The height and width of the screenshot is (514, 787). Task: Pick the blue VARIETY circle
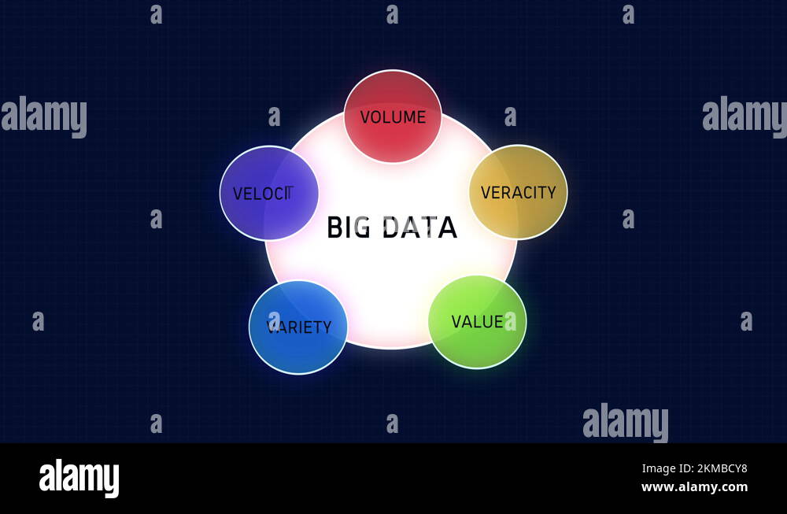(x=298, y=346)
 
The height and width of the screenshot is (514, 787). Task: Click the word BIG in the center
(x=348, y=227)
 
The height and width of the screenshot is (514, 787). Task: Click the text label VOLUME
(x=393, y=117)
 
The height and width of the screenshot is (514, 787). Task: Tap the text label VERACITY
(x=518, y=192)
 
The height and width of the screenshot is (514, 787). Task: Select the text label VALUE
(x=477, y=321)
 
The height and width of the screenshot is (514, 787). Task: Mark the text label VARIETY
(x=299, y=327)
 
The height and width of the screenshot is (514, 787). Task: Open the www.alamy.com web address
(x=694, y=487)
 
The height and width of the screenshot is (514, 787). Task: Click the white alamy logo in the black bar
(x=79, y=478)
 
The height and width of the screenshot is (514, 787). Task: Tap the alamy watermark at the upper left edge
(x=43, y=116)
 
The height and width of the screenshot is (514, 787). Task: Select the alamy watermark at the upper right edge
(x=745, y=116)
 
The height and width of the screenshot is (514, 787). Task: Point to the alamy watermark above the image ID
(x=626, y=422)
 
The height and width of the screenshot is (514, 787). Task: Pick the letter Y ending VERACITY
(x=551, y=192)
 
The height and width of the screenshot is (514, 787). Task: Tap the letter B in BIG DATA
(x=334, y=227)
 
